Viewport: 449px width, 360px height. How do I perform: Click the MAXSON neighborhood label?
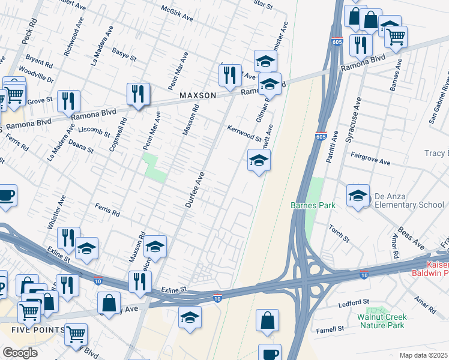197,96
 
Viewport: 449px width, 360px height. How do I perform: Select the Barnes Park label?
312,205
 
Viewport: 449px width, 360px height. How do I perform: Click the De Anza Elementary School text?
409,200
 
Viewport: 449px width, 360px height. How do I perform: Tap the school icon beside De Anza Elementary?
358,196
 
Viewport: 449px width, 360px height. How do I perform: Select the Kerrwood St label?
244,134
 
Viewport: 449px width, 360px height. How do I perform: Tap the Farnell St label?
331,329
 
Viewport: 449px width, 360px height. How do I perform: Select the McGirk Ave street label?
177,13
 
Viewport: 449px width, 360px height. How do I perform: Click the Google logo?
20,353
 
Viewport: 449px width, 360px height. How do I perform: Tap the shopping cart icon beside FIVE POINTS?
76,334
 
